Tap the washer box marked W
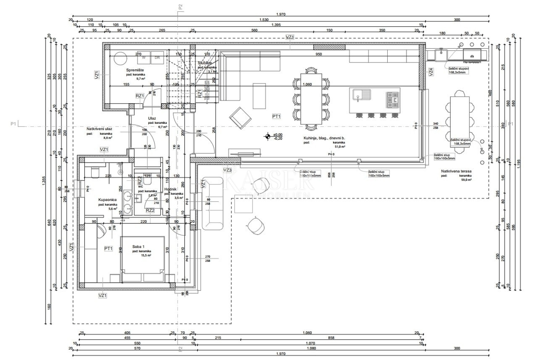[144, 58]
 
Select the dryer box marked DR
[157, 58]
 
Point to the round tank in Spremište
[120, 59]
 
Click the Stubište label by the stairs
[205, 63]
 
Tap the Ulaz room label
[152, 118]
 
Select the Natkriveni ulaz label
[99, 129]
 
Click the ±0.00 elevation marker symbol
[267, 136]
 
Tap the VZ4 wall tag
[431, 71]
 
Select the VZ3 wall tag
[227, 170]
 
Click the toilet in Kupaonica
[94, 171]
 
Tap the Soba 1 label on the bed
[139, 247]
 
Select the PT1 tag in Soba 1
[108, 248]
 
